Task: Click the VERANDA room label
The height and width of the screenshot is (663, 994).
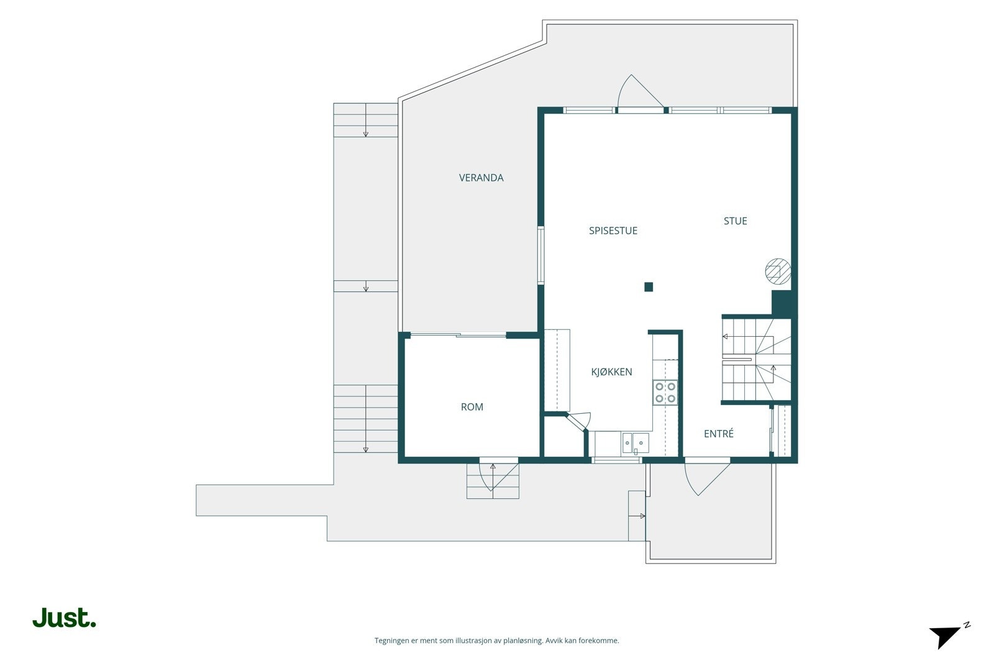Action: tap(481, 178)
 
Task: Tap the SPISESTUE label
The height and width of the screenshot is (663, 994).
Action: tap(613, 231)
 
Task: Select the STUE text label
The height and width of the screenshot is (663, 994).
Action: tap(736, 221)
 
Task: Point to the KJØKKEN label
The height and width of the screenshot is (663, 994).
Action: tap(611, 372)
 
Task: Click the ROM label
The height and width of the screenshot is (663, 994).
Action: tap(472, 407)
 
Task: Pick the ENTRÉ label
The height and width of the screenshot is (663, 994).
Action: tap(718, 434)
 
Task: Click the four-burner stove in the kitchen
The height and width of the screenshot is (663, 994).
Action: tap(665, 392)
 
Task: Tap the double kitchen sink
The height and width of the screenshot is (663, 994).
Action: tap(635, 443)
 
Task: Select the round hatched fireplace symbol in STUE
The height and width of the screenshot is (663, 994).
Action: tap(778, 272)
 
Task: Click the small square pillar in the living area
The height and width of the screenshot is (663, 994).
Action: tap(649, 287)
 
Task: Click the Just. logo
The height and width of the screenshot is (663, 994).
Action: tap(64, 618)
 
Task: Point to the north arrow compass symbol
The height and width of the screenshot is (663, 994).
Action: tap(949, 637)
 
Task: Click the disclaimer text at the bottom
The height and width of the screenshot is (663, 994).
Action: tap(496, 641)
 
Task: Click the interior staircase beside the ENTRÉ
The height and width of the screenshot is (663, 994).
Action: tap(756, 359)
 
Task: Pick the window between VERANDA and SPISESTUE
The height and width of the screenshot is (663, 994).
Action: tap(540, 255)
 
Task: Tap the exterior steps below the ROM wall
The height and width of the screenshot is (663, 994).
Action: tap(493, 480)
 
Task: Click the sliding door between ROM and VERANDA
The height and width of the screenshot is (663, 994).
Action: tap(458, 334)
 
